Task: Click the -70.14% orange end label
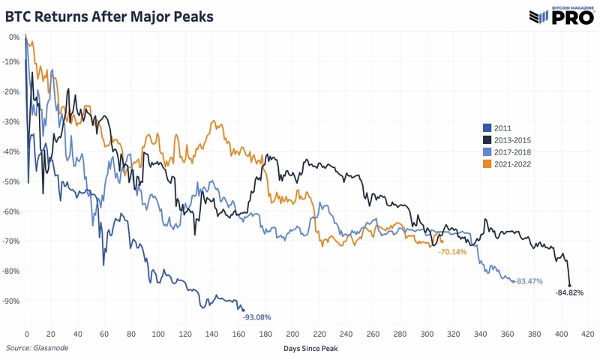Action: coord(452,252)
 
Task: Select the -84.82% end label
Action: coord(569,292)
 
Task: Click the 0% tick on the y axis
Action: coord(14,36)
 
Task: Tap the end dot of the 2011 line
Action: coord(243,310)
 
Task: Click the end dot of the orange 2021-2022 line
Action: coord(442,241)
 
